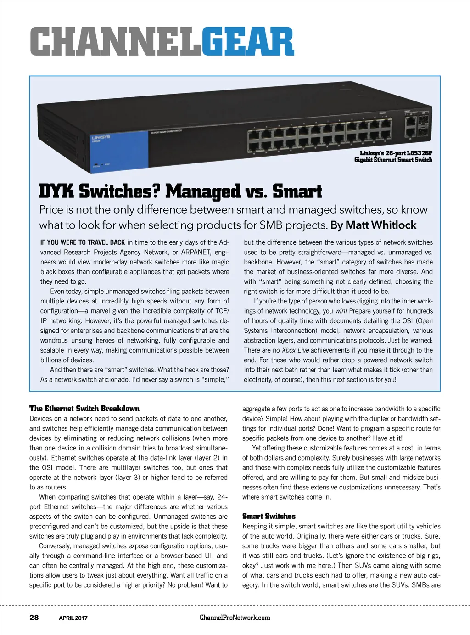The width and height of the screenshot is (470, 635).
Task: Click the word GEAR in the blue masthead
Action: coord(247,42)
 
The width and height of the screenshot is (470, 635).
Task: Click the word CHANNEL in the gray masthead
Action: coord(115,42)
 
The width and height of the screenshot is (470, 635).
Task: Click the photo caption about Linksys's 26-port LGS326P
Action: coord(393,157)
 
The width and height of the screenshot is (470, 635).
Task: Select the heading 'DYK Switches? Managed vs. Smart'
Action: coord(180,191)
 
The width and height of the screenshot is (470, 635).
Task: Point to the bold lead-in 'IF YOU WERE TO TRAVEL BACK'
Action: coord(83,242)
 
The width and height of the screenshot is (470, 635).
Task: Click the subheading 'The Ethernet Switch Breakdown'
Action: coord(84,408)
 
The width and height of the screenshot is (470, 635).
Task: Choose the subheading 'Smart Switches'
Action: coord(269,516)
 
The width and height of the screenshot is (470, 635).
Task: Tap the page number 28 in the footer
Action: coord(34,618)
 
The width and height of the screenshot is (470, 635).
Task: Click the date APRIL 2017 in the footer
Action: coord(73,618)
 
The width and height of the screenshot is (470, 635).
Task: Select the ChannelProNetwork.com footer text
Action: coord(235,618)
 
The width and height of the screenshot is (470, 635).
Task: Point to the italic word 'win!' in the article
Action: coord(341,311)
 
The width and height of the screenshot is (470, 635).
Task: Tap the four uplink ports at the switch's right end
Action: coord(417,127)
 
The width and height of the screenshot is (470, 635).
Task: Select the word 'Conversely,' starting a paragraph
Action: coord(55,546)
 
